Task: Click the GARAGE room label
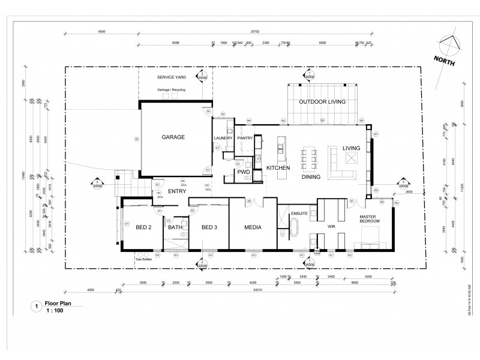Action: pos(173,137)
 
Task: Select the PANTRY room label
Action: pos(245,138)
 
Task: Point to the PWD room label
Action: pos(244,172)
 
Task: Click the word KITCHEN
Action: pos(278,168)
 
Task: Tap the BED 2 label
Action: pos(143,227)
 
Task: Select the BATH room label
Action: pos(175,227)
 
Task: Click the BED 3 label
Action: pos(208,227)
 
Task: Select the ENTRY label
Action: pos(176,191)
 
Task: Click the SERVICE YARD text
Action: pos(172,78)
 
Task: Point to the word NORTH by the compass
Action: pos(445,60)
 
